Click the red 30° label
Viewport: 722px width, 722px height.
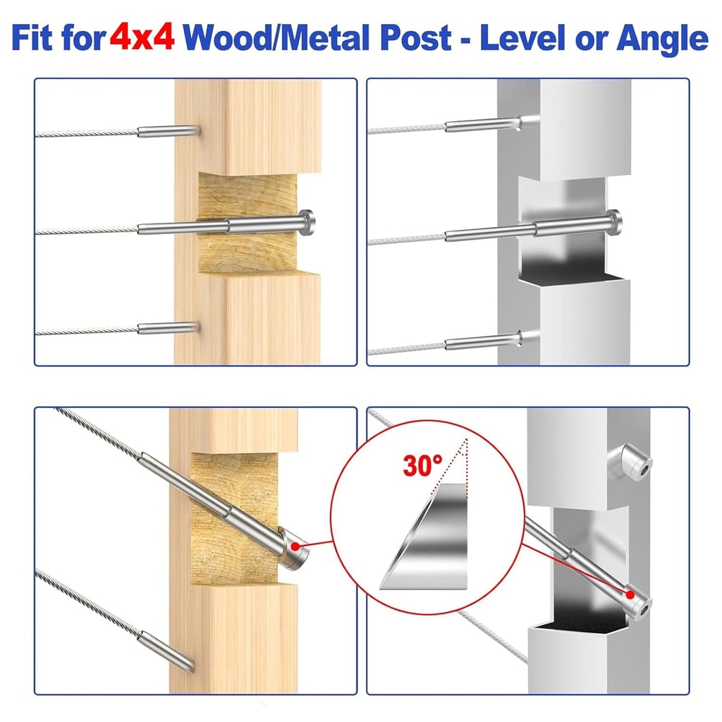tap(423, 465)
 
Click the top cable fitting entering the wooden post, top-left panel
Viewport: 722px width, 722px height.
tap(166, 131)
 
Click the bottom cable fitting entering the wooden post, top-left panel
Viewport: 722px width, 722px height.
tap(166, 328)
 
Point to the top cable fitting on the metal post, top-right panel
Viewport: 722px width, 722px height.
tap(483, 126)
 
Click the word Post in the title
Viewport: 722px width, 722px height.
tap(420, 39)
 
